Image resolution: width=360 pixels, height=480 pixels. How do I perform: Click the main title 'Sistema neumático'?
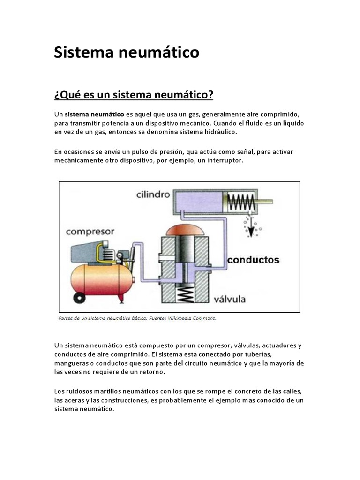click(127, 52)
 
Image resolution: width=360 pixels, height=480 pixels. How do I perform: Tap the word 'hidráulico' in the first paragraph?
click(220, 132)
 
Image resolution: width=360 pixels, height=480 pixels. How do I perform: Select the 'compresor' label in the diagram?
click(90, 231)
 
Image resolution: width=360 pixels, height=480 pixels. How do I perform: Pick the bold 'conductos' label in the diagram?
click(254, 259)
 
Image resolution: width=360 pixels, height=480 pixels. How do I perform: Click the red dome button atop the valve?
click(184, 231)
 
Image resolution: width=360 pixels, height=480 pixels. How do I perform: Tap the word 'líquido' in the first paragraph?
click(292, 123)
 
